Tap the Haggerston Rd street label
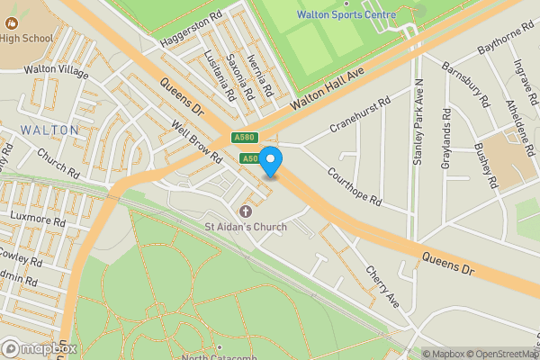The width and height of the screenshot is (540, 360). click(x=191, y=31)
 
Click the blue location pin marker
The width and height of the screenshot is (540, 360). click(x=271, y=162)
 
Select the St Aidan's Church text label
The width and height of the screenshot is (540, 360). click(x=246, y=227)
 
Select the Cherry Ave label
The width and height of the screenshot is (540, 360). click(x=381, y=283)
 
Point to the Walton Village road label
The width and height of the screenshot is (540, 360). click(x=56, y=69)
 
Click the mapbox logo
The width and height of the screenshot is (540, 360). click(x=40, y=348)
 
